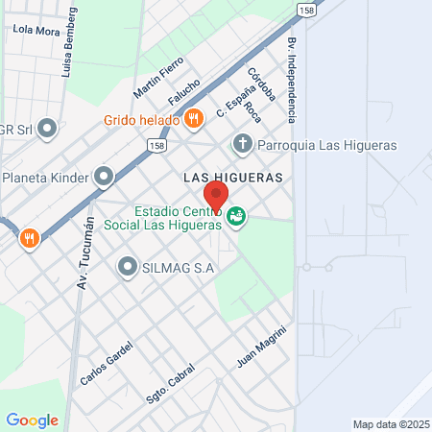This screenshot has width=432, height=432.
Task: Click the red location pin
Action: pos(215,196)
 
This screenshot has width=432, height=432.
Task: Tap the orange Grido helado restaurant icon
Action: pos(194,119)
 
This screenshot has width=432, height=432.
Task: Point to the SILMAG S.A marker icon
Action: pos(127,267)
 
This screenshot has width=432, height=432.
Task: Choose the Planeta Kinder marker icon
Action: pos(104,177)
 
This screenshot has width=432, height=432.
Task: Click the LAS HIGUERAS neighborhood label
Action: pos(233,179)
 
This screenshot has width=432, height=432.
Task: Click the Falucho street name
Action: pos(184,93)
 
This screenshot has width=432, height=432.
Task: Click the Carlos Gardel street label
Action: pos(106,364)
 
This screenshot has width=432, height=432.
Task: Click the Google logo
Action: pos(32,420)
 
